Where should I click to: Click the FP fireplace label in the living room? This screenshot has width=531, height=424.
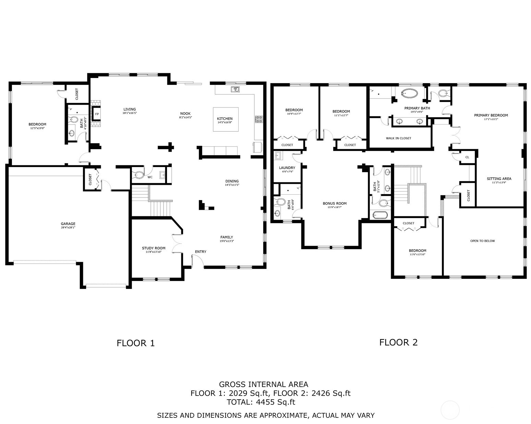click(x=97, y=114)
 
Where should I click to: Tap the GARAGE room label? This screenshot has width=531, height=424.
click(x=68, y=224)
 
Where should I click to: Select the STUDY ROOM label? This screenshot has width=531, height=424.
click(x=154, y=248)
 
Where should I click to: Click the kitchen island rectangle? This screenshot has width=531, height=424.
click(x=225, y=119)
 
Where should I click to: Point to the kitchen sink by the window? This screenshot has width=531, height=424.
click(x=235, y=89)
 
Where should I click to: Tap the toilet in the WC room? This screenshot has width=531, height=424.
click(x=138, y=175)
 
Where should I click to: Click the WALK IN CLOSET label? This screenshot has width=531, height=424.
click(x=398, y=138)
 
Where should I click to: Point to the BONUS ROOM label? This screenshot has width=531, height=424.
click(x=335, y=203)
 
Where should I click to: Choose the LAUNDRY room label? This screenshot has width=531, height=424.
click(x=287, y=168)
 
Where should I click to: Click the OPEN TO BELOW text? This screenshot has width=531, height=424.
click(x=482, y=241)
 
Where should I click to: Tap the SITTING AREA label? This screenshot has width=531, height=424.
click(x=499, y=179)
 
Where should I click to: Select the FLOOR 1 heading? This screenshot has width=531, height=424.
click(x=136, y=343)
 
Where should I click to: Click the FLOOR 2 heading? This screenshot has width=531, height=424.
click(x=398, y=342)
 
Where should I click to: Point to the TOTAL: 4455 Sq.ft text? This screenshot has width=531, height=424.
click(x=261, y=402)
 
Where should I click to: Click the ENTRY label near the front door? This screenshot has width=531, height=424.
click(x=201, y=252)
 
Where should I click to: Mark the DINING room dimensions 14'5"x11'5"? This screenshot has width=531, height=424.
click(x=232, y=185)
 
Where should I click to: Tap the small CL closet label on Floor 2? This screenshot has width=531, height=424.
click(x=467, y=157)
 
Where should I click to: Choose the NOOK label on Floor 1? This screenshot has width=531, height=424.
click(x=185, y=114)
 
